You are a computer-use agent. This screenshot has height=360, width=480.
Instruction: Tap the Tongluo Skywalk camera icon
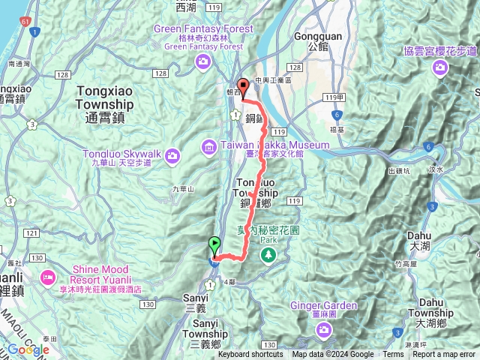point(173,155)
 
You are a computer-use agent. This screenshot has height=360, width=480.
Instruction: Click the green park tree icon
point(269,256)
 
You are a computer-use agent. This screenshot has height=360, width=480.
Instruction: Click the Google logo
point(28,349)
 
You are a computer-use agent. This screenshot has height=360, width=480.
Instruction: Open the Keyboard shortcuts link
point(250,355)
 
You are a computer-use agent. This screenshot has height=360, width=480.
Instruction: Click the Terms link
point(393,355)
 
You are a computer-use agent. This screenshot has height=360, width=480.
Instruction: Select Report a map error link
point(445,355)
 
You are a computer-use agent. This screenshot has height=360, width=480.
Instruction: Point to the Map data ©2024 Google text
point(332,355)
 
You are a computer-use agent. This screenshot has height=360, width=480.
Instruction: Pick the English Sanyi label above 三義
point(194,298)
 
